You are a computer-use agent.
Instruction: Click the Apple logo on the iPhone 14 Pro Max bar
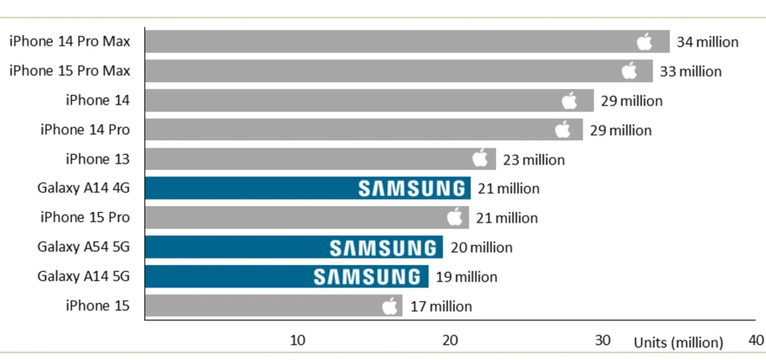coord(644,41)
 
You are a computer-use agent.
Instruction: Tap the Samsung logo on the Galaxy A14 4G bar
coord(412,188)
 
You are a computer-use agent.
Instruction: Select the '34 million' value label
coord(707,41)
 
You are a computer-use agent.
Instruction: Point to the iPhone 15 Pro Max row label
coord(70,70)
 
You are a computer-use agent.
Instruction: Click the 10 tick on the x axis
coord(297,340)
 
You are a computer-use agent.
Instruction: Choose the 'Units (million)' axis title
coord(677,342)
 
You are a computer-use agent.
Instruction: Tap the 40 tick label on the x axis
coord(755,340)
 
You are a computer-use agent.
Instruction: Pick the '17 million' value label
coord(440,306)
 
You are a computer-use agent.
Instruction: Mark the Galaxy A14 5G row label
coord(83,277)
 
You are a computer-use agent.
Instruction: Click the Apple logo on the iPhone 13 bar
coord(480,159)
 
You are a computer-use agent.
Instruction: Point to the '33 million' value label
coord(690,71)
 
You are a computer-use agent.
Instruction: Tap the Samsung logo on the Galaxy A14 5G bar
coord(369,277)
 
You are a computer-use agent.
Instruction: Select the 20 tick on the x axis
coord(450,340)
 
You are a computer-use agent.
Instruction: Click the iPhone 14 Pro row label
coord(85,129)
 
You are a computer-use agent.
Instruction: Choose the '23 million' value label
coord(534,160)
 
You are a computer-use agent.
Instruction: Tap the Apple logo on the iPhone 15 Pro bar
coord(455,218)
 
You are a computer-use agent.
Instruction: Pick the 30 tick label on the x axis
coord(603,340)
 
